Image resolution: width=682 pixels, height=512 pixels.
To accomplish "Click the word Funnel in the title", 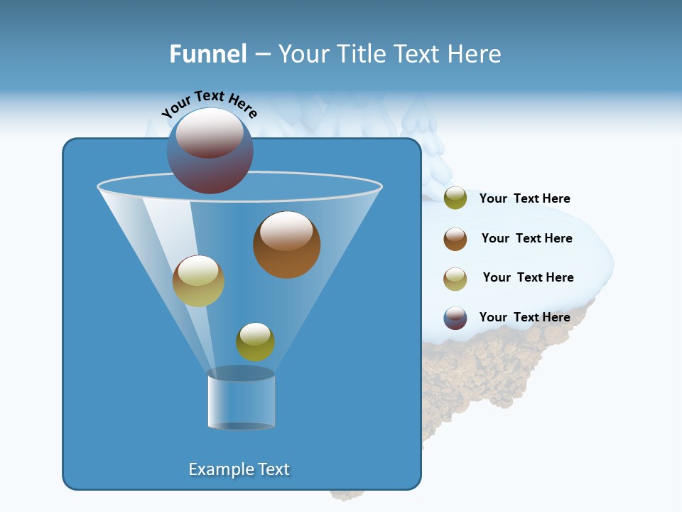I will tap(207, 54).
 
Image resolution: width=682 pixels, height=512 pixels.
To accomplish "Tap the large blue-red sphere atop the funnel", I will tap(210, 151).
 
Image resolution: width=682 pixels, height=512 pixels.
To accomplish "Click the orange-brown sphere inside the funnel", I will tap(286, 245).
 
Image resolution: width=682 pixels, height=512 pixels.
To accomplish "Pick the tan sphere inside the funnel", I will tap(198, 281).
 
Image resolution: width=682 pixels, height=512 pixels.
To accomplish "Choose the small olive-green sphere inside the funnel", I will tap(255, 342).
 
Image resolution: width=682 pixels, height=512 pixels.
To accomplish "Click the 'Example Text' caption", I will tap(239, 469).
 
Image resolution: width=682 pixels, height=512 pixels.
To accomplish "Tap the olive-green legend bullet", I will tap(455, 198).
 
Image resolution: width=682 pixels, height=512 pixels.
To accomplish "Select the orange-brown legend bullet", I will tap(455, 238).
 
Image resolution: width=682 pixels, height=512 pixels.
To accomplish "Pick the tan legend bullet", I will tap(455, 278).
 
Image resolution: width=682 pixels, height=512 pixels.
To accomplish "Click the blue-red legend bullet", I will tap(455, 318).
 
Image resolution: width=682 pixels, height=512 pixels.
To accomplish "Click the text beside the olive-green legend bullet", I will tap(524, 198).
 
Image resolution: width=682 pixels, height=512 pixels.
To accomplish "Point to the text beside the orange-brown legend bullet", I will tap(526, 238).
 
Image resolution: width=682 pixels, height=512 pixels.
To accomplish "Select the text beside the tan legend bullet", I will tap(528, 277).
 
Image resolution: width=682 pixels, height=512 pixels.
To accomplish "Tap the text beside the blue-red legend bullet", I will tap(524, 317).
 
